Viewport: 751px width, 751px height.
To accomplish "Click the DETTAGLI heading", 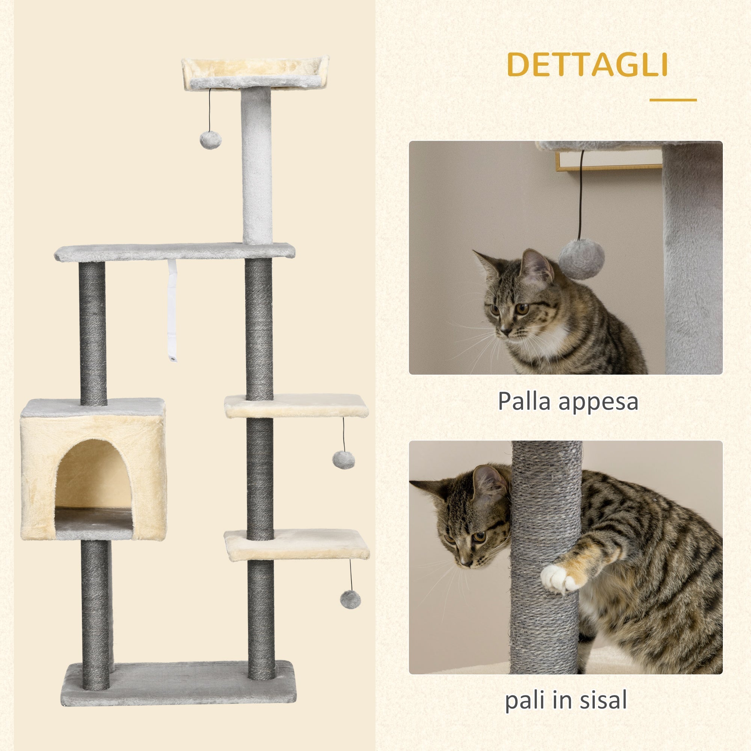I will [x=587, y=65].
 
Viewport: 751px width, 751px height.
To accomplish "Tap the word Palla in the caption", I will [x=523, y=401].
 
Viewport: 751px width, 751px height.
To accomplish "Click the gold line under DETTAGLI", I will [x=673, y=100].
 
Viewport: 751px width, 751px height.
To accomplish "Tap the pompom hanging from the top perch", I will [x=210, y=140].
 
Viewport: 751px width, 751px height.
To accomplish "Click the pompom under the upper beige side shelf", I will [x=343, y=460].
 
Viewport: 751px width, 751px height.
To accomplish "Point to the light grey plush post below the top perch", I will [x=256, y=165].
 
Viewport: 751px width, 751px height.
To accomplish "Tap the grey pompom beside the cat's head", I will [x=581, y=259].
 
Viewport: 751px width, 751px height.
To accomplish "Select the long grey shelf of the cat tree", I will [x=175, y=252].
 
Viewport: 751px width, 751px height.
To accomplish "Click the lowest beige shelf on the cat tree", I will [x=296, y=544].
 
